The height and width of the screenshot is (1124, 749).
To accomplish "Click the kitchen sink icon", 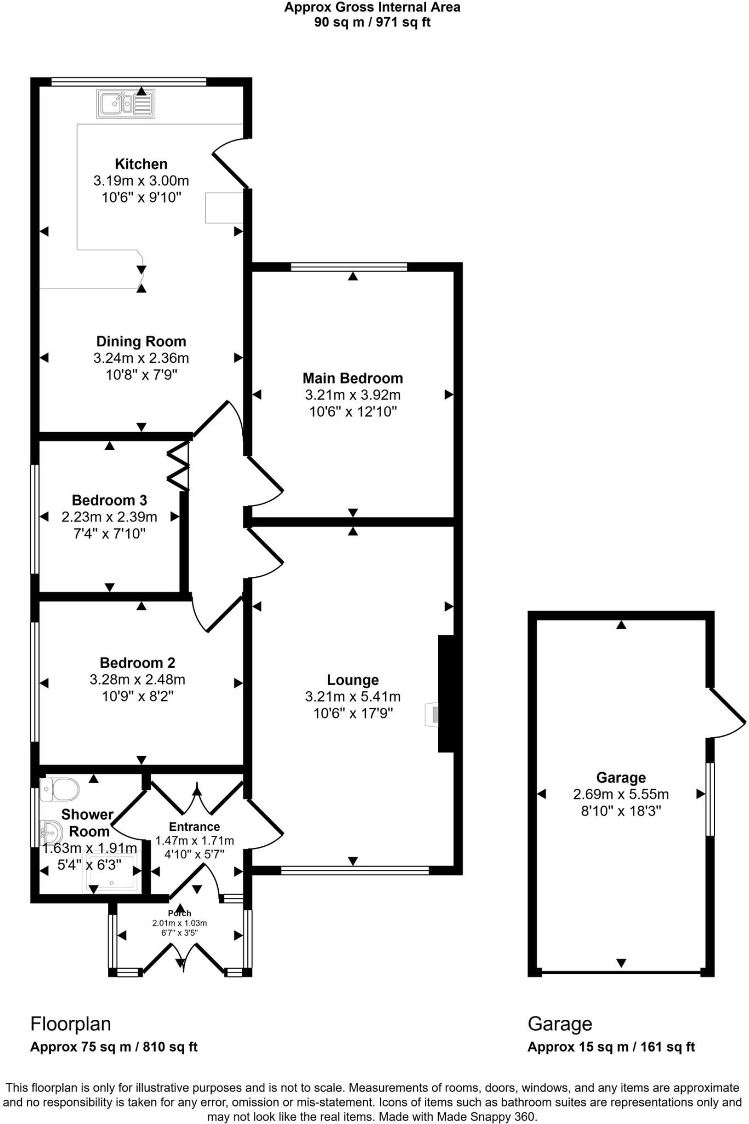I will tap(126, 103).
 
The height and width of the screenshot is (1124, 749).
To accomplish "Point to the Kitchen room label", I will tap(141, 164).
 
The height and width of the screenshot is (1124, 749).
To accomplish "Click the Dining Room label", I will tap(141, 341).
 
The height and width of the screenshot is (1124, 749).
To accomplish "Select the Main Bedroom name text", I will tap(353, 378).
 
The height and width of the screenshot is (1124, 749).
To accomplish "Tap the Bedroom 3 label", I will tap(109, 500).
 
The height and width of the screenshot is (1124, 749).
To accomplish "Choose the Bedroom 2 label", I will tap(137, 663).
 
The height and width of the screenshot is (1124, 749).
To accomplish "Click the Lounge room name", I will tap(353, 680).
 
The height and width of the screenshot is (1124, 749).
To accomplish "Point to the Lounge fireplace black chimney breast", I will tap(446, 693).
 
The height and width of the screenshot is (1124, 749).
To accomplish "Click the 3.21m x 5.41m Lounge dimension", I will tap(353, 697).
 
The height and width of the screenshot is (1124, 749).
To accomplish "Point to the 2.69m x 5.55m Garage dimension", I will tap(621, 794).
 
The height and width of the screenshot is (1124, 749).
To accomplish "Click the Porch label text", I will tap(179, 913).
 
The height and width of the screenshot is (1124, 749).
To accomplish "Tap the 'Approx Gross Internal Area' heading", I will tap(372, 8).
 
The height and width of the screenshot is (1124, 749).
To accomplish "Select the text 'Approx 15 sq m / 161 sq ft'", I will tap(611, 1047).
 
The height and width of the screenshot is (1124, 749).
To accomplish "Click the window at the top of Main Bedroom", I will tap(349, 267).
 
